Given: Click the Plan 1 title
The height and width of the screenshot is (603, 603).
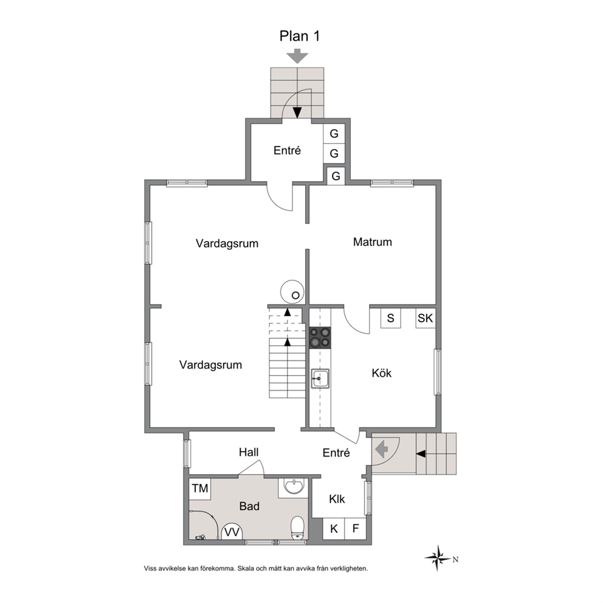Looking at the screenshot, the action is [300, 36].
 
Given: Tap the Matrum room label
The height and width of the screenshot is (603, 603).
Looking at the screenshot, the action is [372, 242].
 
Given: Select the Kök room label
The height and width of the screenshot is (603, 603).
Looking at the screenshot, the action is [382, 373].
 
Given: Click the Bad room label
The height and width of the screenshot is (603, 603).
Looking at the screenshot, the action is [249, 506].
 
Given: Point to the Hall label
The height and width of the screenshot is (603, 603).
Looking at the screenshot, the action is [249, 452].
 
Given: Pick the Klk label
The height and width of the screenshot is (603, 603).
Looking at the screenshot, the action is [337, 499].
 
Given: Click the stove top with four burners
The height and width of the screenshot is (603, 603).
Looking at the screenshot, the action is [320, 337].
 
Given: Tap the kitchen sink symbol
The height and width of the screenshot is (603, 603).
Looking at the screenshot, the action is [320, 379].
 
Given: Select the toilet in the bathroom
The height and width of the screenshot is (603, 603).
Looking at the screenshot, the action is [298, 528].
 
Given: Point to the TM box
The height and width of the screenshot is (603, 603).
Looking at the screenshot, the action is [199, 489].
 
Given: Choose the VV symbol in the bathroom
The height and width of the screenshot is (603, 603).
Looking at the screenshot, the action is [232, 532].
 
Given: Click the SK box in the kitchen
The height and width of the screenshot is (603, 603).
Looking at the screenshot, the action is [426, 318].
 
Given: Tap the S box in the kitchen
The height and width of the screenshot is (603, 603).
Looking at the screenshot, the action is [391, 318].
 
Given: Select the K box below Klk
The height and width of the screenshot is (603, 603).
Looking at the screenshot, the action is [334, 529].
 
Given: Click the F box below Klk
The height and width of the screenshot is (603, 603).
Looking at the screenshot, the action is [356, 529].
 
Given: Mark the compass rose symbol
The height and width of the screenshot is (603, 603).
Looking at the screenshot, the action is [438, 558].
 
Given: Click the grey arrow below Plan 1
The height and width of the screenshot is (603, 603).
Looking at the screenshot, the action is [298, 56].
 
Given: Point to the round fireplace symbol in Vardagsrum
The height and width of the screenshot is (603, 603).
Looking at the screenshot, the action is [292, 292].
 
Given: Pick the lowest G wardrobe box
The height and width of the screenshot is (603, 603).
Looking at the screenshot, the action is [336, 176].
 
